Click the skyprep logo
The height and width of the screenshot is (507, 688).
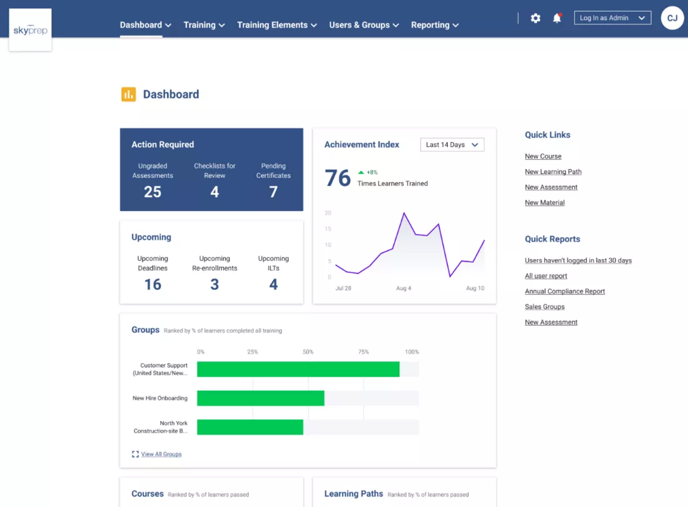30,30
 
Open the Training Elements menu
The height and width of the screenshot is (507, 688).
277,25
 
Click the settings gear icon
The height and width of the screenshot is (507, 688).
535,18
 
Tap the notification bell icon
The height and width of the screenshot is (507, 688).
557,18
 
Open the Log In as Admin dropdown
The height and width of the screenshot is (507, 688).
612,18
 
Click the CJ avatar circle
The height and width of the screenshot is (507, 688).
672,18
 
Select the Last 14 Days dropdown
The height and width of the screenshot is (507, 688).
452,145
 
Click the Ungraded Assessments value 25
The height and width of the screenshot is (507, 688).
153,192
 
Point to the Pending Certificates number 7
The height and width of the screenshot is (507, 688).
273,192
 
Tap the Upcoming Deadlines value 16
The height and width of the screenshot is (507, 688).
153,284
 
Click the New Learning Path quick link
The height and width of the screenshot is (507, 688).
554,172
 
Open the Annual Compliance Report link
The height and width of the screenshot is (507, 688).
565,292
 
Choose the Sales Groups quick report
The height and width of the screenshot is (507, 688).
545,307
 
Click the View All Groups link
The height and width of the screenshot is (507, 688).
161,454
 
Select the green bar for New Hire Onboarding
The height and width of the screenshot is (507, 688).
261,398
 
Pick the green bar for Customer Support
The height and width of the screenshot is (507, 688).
298,369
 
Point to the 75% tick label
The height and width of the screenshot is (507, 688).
363,352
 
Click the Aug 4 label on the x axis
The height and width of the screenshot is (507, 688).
403,289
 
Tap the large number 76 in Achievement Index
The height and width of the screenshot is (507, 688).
338,178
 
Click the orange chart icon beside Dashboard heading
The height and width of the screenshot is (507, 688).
129,95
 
